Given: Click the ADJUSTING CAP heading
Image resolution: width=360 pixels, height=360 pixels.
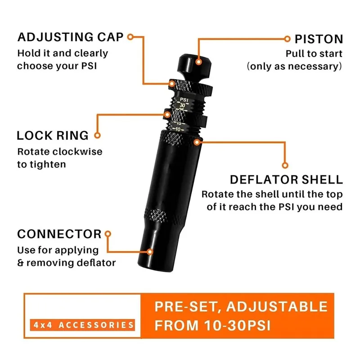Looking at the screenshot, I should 71,37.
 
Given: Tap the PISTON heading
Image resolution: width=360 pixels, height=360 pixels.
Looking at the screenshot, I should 319,39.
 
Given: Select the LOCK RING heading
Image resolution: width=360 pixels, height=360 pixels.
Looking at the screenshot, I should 53,135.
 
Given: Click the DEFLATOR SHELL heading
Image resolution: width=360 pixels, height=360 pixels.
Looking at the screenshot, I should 286,180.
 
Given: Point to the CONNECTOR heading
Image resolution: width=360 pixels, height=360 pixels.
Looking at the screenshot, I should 59,234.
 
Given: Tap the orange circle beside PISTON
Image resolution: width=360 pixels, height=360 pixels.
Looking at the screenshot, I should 287,39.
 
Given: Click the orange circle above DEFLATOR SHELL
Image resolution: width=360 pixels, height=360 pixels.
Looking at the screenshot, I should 284,165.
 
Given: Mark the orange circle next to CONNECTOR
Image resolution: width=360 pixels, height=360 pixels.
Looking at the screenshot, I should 108,234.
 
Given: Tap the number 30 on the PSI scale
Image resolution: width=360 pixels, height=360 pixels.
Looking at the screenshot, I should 182,105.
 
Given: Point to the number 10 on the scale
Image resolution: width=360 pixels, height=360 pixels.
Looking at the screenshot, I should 178,130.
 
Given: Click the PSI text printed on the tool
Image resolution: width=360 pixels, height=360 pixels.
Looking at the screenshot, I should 184,99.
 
